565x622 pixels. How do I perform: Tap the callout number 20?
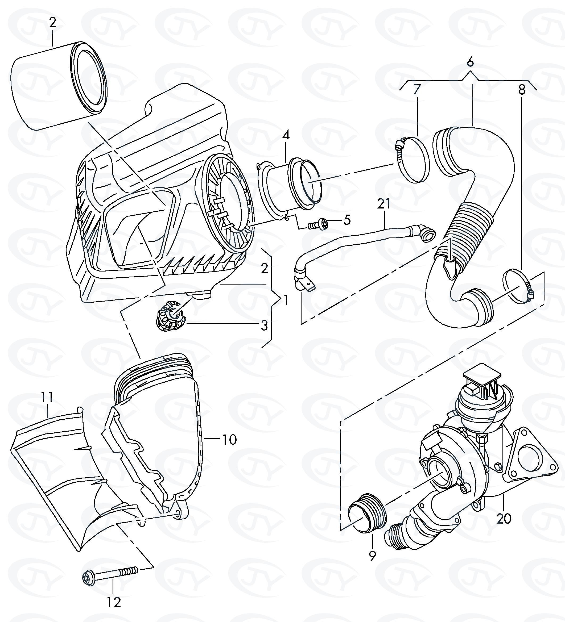point(504,518)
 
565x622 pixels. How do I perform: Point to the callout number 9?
point(373,556)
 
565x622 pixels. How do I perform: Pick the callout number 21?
point(383,204)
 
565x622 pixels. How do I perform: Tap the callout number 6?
point(470,63)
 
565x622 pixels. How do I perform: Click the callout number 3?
point(264,325)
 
